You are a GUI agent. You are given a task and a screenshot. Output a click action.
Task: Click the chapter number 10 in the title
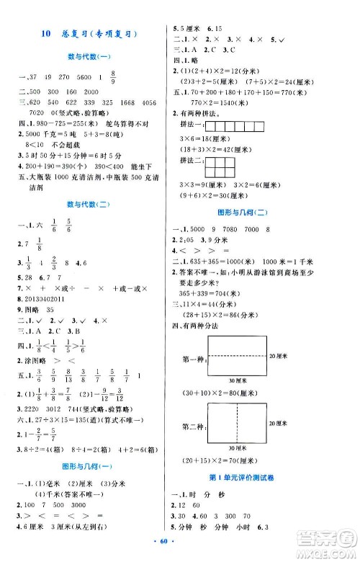click(x=46, y=33)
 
